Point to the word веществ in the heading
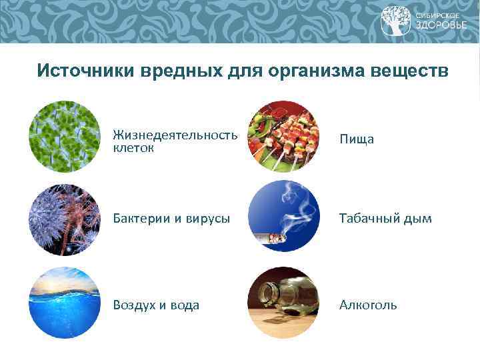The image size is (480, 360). (x=409, y=71)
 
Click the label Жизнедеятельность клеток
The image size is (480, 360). (x=175, y=141)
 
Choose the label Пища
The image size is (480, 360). (x=357, y=139)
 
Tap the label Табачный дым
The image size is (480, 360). (x=385, y=219)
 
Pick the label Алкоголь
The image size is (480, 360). (x=368, y=305)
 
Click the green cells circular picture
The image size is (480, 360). (x=65, y=137)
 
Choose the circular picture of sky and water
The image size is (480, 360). (x=65, y=303)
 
